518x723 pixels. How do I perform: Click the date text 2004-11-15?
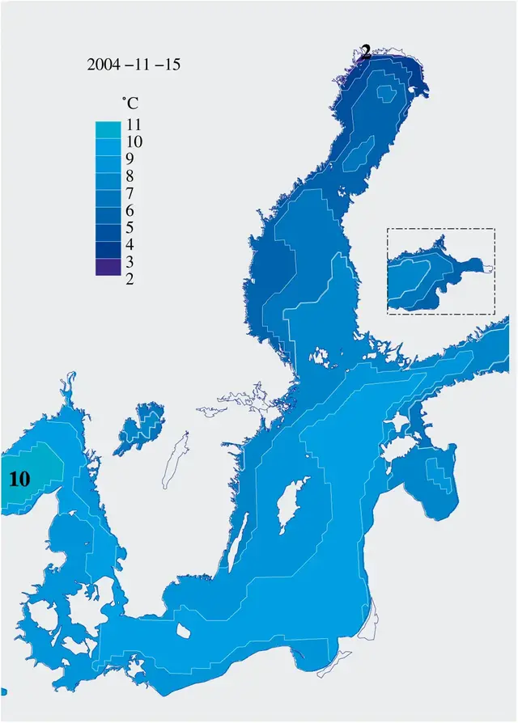(133, 65)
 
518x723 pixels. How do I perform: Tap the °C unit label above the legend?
(129, 104)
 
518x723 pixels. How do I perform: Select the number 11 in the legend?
(135, 125)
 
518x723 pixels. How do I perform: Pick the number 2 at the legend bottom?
(130, 279)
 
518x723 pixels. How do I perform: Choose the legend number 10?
(135, 142)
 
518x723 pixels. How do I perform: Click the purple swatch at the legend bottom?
(107, 267)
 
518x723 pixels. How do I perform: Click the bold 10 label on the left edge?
(19, 479)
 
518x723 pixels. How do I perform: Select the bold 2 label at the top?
(366, 53)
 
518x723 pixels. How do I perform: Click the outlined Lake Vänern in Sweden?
(143, 428)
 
